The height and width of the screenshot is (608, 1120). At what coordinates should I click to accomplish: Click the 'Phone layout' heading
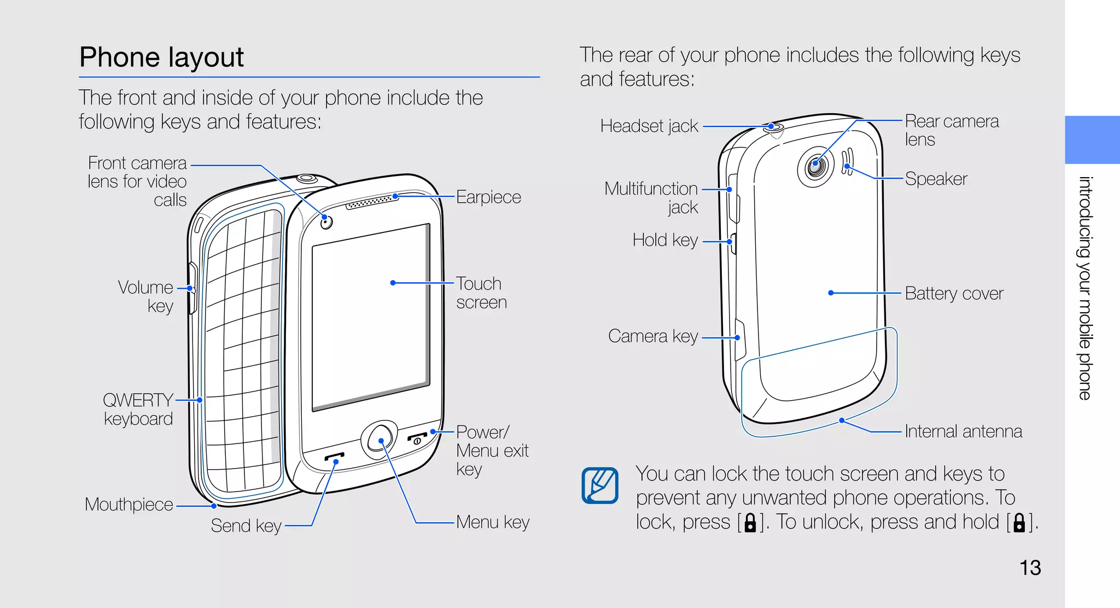coord(161,57)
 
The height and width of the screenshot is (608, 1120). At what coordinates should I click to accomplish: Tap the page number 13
coord(1030,568)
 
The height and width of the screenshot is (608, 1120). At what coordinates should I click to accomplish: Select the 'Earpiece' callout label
coord(488,197)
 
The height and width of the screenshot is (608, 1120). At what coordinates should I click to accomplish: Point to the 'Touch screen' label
coord(481,293)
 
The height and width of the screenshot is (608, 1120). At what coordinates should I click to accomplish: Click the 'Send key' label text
coord(246,526)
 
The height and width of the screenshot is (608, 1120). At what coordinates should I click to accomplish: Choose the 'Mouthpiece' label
coord(129,504)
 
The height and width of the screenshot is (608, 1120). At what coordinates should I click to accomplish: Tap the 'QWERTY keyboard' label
coord(138,410)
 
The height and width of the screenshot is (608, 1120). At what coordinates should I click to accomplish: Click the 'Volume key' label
coord(147,296)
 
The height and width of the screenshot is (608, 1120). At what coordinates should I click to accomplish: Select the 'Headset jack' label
coord(649,126)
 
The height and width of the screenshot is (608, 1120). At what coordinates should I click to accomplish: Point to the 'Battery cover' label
coord(954,294)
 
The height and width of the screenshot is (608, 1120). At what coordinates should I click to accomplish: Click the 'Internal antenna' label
coord(963,431)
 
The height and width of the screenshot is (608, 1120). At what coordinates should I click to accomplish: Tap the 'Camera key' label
coord(653,336)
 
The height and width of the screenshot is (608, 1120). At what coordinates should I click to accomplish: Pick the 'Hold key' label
coord(665,240)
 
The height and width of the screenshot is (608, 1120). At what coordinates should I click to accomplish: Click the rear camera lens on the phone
coord(815,166)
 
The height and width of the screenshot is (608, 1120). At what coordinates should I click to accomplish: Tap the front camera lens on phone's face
coord(326,221)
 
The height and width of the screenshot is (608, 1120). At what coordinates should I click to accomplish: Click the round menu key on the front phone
coord(379,440)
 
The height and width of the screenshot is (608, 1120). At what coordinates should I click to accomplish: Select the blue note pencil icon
coord(600,485)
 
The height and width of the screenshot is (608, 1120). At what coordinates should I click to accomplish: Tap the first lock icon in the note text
coord(750,523)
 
